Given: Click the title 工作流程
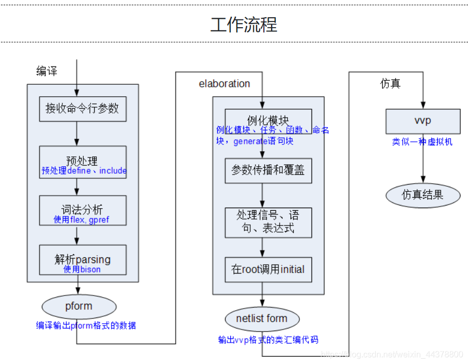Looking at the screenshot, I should click(244, 25).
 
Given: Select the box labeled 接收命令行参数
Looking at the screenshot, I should click(83, 109).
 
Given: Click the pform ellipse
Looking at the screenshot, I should click(79, 306).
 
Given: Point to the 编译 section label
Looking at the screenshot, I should click(47, 72).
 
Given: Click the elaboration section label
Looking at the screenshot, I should click(224, 84).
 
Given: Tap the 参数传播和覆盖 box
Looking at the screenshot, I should click(268, 170).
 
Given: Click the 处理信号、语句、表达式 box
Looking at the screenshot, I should click(268, 222).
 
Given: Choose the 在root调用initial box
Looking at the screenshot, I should click(268, 270).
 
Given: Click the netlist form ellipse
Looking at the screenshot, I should click(262, 318).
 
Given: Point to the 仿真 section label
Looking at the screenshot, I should click(390, 84).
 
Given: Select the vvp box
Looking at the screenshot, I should click(422, 121).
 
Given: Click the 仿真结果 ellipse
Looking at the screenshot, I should click(422, 195).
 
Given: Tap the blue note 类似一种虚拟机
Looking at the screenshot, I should click(422, 142).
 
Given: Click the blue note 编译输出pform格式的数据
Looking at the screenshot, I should click(86, 326).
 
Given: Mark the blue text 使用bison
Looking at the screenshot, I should click(82, 269).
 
